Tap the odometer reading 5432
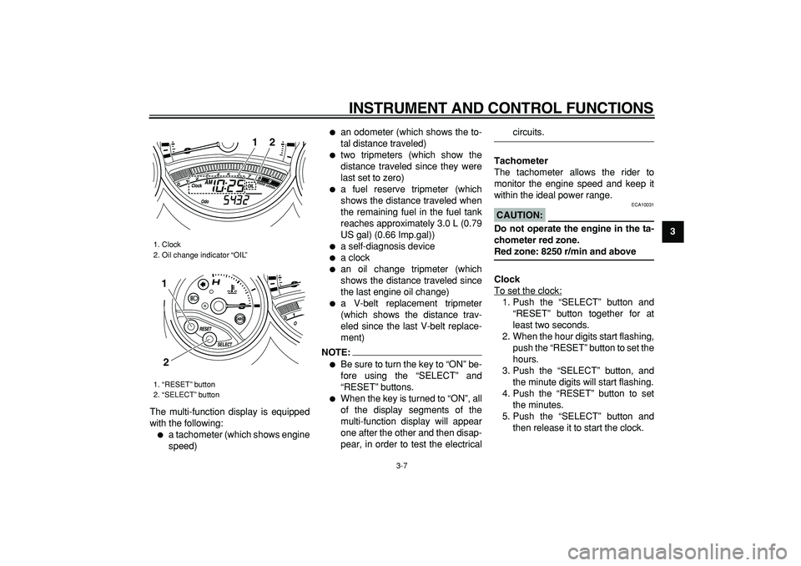(231, 200)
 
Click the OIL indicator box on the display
(251, 186)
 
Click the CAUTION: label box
(520, 215)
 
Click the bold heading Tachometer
(521, 160)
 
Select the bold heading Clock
(507, 279)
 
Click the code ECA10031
(642, 205)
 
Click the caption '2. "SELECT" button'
(186, 394)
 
